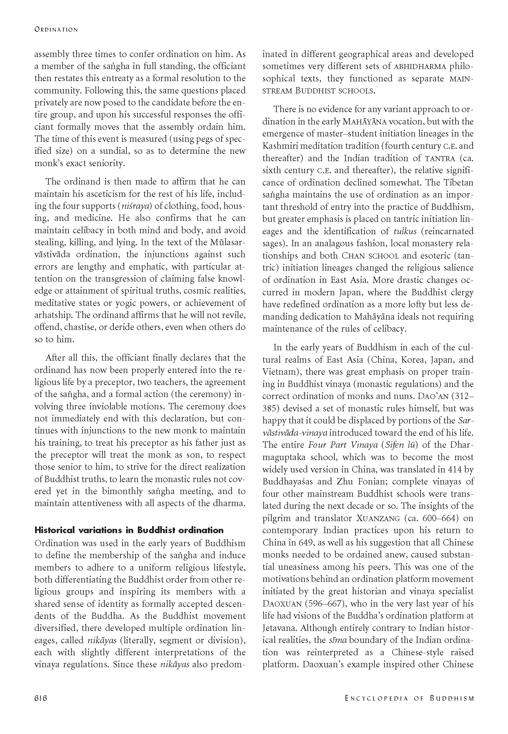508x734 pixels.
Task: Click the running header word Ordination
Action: click(x=56, y=30)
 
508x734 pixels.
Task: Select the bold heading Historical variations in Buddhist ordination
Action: click(x=129, y=530)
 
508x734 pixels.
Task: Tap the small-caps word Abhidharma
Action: click(x=420, y=66)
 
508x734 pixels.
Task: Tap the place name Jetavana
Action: click(x=279, y=628)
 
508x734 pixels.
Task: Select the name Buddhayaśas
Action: click(x=292, y=481)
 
